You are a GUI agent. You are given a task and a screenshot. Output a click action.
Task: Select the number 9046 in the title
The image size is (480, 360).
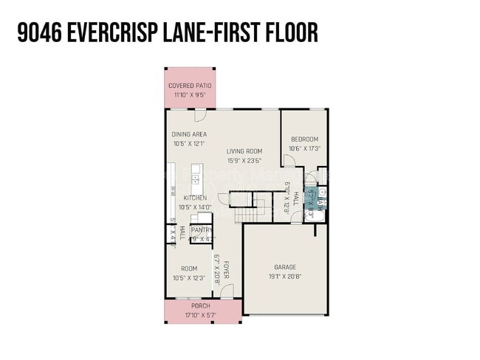click(x=36, y=32)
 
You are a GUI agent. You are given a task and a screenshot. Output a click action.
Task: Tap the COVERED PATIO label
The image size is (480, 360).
click(x=190, y=86)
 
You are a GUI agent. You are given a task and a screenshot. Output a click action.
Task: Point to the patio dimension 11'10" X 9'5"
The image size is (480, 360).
click(x=190, y=95)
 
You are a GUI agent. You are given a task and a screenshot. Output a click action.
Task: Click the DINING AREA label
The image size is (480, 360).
click(x=189, y=134)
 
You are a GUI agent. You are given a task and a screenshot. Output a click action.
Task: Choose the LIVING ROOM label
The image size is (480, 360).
click(x=244, y=151)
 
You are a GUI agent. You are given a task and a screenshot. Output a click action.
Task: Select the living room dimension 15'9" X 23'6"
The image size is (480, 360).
click(x=244, y=161)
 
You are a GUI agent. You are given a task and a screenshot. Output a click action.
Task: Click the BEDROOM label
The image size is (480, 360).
click(x=304, y=139)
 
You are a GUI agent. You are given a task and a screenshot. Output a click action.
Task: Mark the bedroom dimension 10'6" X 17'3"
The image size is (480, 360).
click(x=304, y=149)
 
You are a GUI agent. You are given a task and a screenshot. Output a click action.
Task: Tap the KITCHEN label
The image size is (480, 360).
click(x=195, y=198)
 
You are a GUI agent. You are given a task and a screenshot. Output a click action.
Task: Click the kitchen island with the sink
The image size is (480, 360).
click(x=196, y=177)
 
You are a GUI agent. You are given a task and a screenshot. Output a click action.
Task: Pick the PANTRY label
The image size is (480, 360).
click(x=201, y=230)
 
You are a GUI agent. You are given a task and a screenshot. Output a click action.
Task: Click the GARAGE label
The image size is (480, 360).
click(x=284, y=268)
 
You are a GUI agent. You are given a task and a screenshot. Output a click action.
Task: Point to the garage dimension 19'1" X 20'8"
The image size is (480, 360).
click(x=284, y=277)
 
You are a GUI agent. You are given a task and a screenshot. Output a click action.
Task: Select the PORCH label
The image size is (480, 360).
click(x=201, y=306)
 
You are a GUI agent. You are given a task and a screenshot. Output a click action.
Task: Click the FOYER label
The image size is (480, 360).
click(x=227, y=269)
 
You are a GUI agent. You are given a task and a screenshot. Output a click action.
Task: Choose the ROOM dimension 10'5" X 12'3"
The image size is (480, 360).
click(x=188, y=277)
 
